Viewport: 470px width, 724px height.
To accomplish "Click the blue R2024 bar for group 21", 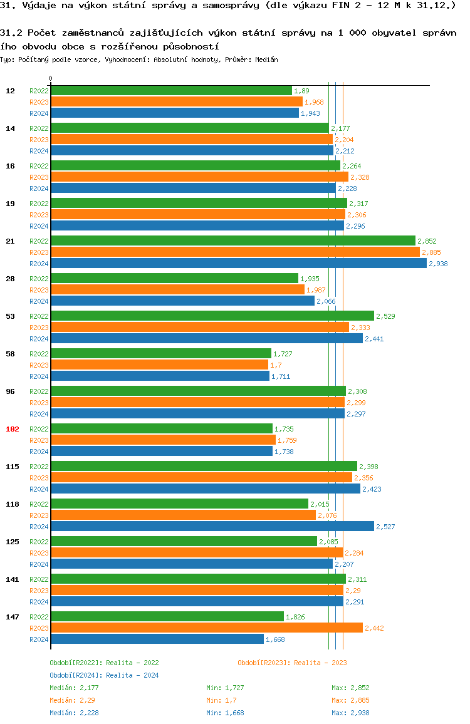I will coord(238,264).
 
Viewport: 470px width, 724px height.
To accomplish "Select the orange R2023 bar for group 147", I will coord(206,628).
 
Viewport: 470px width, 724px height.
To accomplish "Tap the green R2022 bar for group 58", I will coord(160,354).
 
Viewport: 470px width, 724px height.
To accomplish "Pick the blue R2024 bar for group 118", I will coord(212,527).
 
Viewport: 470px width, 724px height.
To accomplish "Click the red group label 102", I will coord(13,429).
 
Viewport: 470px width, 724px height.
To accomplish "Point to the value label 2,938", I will coord(438,264).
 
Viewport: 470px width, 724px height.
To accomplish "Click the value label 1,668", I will coord(275,639).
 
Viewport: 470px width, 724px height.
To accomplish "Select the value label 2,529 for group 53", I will coord(385,316).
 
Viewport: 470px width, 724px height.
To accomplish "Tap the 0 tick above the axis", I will coord(51,79).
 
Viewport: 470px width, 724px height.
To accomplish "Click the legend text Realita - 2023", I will coord(320,663).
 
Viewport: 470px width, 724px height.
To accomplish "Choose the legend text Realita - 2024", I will coord(132,675).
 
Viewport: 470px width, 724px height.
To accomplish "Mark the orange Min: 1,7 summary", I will coord(221,700).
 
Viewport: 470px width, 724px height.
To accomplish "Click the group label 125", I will coord(13,542).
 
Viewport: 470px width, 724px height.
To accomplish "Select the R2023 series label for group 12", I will coord(39,102).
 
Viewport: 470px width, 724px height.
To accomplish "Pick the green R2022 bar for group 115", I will coord(204,467).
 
